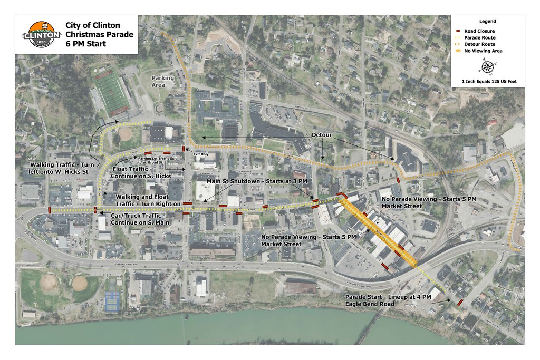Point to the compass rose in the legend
click(x=487, y=66)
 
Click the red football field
click(x=111, y=93)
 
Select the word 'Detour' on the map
click(x=321, y=135)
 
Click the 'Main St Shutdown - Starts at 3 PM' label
click(x=256, y=181)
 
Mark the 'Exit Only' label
click(x=200, y=154)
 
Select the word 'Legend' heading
click(x=487, y=22)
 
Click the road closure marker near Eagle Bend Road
click(x=460, y=303)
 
